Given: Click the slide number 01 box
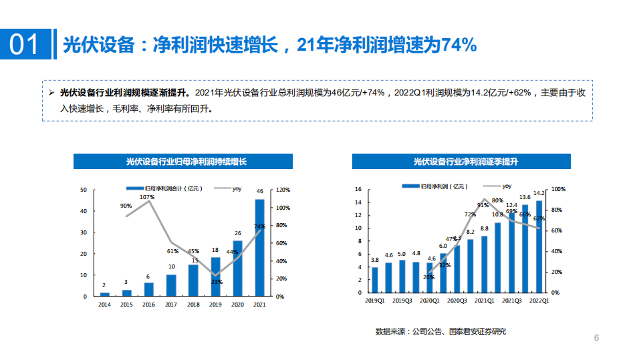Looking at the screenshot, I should pos(25,45).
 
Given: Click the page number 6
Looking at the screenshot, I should pos(596,338).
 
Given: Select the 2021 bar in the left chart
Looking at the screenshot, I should pos(259,247).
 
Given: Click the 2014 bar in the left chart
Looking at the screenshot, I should pos(104,294).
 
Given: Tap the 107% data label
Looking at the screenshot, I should pos(148,197).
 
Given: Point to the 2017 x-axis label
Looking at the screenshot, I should pos(171,305).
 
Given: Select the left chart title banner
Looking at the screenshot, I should pos(182,161).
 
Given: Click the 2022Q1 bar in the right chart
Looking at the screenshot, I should pos(539,246).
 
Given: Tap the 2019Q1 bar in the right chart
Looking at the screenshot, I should pos(374,280).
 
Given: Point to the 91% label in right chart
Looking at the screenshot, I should pos(483,205).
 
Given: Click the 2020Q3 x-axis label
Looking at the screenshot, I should pos(457,301).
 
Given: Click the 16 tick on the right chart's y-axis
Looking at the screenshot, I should pos(358,190).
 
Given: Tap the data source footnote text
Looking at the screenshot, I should pos(440,332).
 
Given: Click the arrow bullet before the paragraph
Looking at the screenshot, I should pos(52,93).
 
